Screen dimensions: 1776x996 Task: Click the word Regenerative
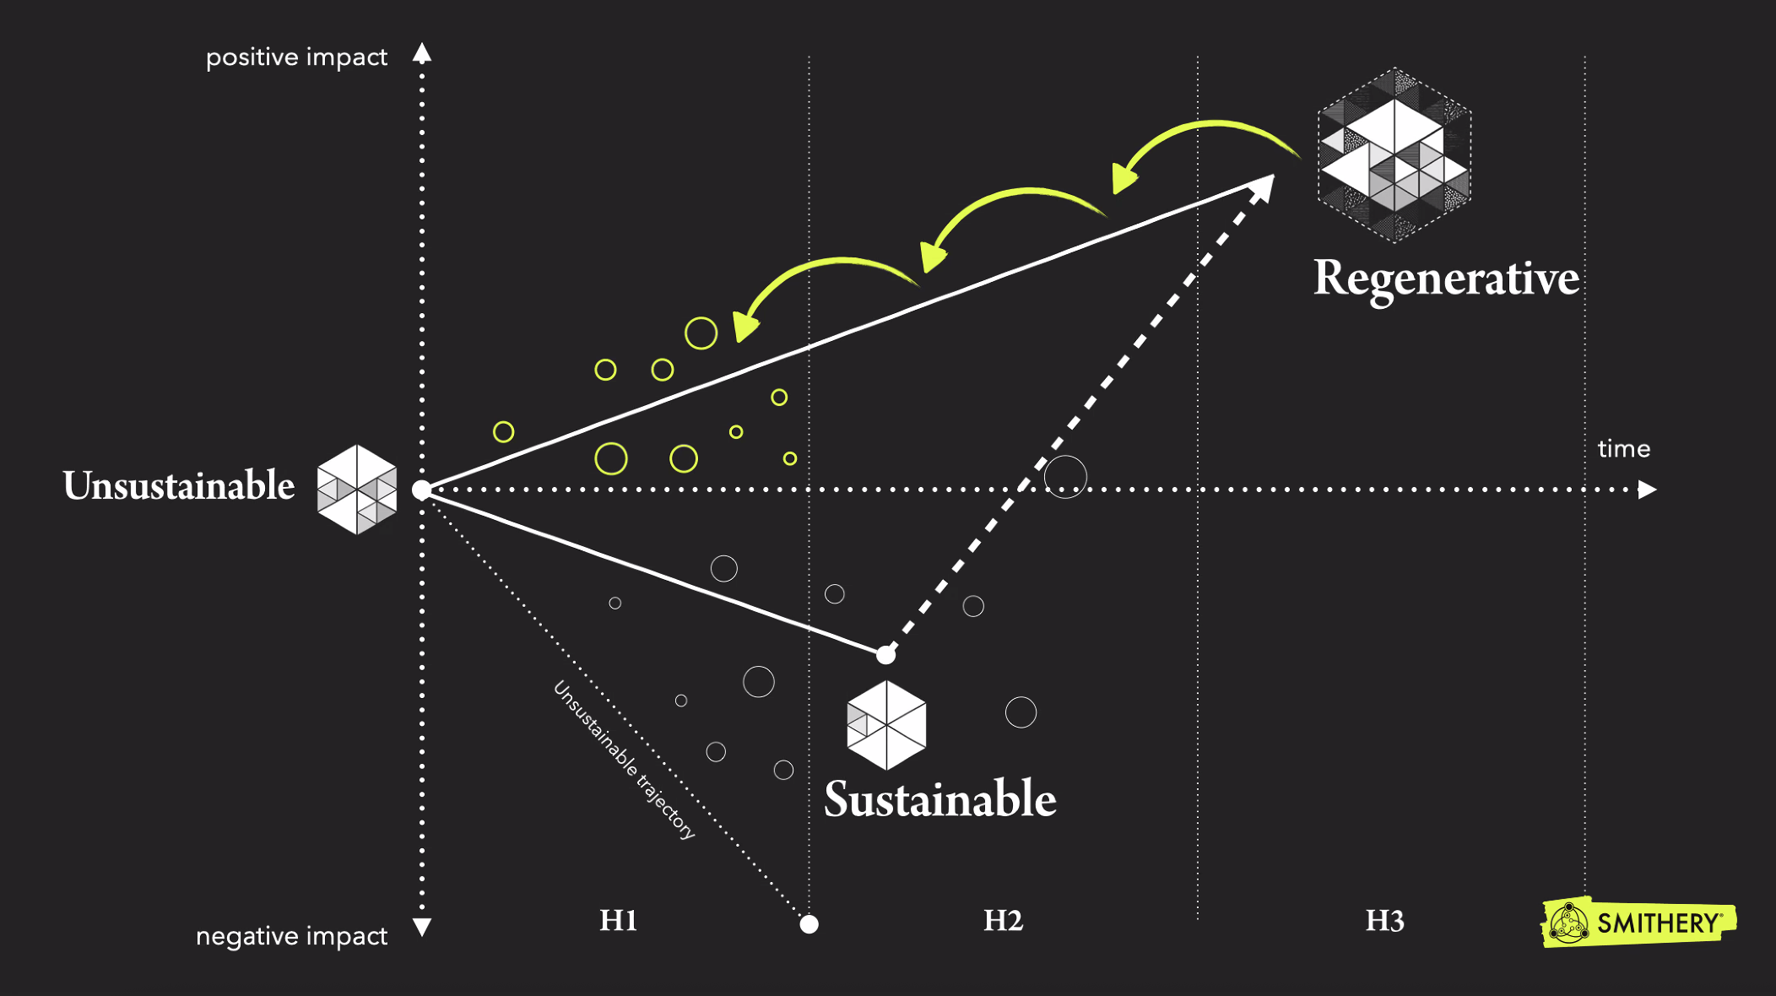[1446, 279]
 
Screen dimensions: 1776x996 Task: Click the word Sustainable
[939, 799]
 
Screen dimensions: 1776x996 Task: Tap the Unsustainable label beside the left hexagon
[179, 486]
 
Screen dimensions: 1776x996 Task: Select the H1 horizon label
[618, 920]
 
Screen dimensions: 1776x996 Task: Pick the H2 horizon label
[1003, 920]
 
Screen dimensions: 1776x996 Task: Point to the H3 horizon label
[1384, 920]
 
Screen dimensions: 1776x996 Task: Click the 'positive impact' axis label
[296, 57]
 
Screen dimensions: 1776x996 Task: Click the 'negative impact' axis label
[291, 936]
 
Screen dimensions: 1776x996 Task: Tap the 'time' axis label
[1623, 449]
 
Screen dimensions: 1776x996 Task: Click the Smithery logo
[1638, 923]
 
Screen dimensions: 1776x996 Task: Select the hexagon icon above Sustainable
[886, 725]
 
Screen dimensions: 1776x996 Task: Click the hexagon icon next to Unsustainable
[357, 490]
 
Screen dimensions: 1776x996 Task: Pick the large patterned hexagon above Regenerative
[1394, 155]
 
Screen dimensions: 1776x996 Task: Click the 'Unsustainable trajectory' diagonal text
[624, 761]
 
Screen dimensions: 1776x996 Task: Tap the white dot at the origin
[421, 490]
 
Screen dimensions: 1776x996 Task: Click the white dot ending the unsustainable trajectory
[809, 924]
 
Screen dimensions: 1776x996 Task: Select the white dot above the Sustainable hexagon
[885, 655]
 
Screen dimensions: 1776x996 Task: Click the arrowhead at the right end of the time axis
[1647, 490]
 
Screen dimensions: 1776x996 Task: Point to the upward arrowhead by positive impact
[422, 54]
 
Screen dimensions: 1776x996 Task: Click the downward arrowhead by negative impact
[422, 927]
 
